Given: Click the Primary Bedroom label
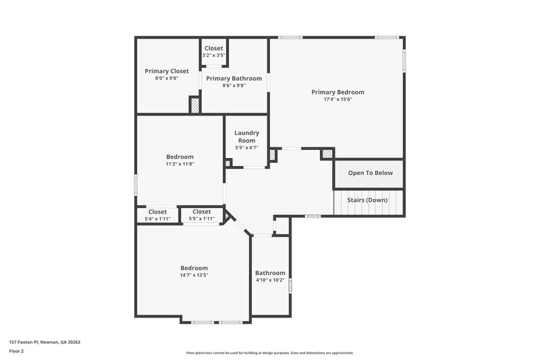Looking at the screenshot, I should click(337, 92).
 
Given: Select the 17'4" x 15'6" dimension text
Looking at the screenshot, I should click(337, 99).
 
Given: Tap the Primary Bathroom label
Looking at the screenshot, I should click(234, 78).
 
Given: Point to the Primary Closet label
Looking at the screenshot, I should click(167, 71).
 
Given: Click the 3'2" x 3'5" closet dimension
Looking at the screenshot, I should click(214, 55).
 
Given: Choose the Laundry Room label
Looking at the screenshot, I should click(246, 136).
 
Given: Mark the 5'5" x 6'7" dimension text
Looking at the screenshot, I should click(246, 147).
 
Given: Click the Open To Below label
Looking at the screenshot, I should click(370, 173).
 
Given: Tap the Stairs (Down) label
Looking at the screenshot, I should click(367, 200).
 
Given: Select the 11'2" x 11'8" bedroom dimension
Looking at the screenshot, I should click(180, 164).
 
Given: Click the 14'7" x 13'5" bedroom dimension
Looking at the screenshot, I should click(194, 276).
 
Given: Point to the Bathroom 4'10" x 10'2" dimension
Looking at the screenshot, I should click(270, 280).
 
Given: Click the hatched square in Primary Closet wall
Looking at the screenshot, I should click(194, 106).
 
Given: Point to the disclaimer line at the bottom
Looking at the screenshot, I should click(270, 353).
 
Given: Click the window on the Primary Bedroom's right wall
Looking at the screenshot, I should click(404, 61).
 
